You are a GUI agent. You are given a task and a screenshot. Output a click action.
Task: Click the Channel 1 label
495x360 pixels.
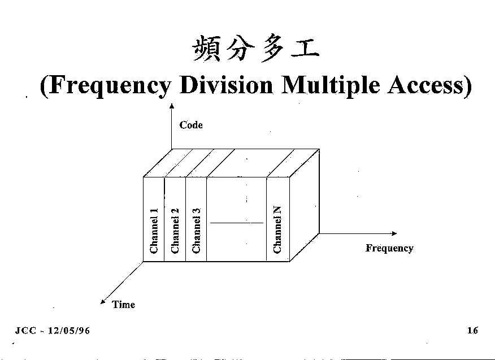(x=154, y=231)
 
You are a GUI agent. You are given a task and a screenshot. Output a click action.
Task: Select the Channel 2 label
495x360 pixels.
(x=175, y=231)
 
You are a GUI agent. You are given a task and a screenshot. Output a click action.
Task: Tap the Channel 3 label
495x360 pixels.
(x=196, y=231)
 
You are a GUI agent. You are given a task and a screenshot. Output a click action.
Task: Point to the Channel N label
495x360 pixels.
(x=277, y=229)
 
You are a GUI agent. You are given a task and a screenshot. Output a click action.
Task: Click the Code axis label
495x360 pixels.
(x=191, y=125)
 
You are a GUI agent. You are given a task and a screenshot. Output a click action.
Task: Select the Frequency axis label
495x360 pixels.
(x=389, y=248)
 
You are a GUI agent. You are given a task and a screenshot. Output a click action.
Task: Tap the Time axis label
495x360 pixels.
(x=123, y=305)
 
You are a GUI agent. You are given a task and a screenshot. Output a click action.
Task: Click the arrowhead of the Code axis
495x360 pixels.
(x=171, y=106)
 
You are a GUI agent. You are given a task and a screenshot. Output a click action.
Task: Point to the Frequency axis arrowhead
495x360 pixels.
(x=394, y=233)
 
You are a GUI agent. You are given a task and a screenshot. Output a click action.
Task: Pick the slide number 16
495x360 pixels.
(x=472, y=331)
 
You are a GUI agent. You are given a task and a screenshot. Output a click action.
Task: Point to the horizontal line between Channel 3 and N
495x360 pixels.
(x=236, y=223)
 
